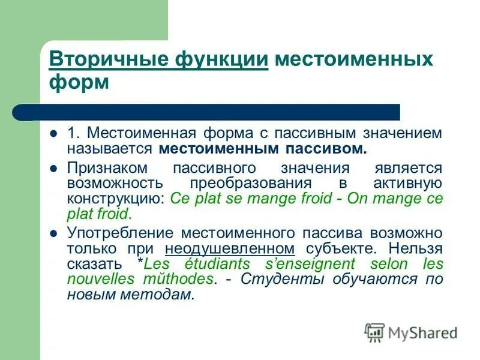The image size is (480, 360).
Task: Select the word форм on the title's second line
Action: coord(79,82)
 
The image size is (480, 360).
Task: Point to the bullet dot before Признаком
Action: coord(54,169)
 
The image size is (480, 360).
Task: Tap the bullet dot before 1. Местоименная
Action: coord(54,133)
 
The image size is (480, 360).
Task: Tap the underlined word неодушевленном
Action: coord(230,248)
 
